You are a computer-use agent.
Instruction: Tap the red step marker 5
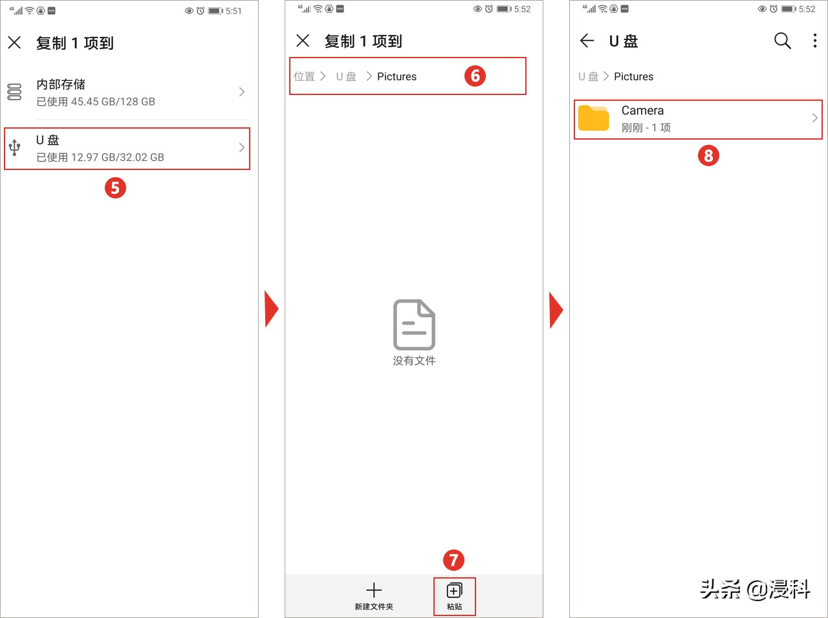click(115, 188)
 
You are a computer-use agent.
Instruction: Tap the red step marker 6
click(475, 76)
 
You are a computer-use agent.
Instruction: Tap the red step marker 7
click(453, 560)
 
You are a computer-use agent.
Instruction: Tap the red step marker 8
click(708, 155)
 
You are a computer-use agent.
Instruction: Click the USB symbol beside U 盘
click(14, 148)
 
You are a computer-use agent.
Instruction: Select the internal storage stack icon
click(14, 92)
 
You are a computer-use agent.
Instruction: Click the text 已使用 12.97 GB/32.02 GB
click(100, 157)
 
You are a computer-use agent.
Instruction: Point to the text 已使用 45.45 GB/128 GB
click(96, 101)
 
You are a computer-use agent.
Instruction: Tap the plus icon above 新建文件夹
click(374, 590)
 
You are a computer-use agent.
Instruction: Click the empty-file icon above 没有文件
click(414, 325)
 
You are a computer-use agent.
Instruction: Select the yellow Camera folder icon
click(593, 118)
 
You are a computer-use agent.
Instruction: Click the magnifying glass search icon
click(782, 41)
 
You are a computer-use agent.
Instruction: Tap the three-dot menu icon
click(814, 41)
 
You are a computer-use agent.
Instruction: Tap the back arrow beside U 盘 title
click(587, 41)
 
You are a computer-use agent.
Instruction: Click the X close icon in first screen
click(14, 43)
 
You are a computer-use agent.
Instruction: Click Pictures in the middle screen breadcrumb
click(397, 76)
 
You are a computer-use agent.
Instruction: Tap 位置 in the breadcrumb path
click(304, 76)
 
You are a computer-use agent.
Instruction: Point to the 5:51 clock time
click(234, 11)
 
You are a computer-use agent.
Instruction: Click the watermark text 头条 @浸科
click(755, 589)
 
